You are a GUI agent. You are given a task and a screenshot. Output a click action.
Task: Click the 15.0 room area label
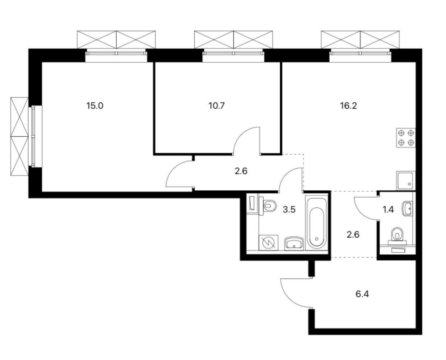point(95,106)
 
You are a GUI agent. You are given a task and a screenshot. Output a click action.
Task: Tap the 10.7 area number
point(216,106)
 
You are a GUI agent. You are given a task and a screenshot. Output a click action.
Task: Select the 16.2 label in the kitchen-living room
point(348,106)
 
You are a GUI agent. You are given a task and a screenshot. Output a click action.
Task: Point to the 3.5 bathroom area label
point(289,210)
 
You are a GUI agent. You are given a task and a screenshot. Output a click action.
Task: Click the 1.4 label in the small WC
point(388,210)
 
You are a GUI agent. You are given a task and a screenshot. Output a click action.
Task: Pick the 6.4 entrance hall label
point(362,294)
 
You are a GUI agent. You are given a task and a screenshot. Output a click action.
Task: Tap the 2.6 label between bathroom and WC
point(353,235)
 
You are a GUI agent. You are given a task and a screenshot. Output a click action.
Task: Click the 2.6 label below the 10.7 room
point(241,171)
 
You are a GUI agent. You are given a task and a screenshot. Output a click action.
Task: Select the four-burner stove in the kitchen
point(406,138)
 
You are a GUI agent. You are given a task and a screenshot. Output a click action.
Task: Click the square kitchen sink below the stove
point(406,181)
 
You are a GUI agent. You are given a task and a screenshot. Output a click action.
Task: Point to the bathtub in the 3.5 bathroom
point(316,222)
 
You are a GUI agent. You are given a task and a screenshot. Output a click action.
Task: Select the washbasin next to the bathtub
point(294,244)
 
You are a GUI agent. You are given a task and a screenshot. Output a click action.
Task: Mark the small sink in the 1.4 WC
point(408,209)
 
